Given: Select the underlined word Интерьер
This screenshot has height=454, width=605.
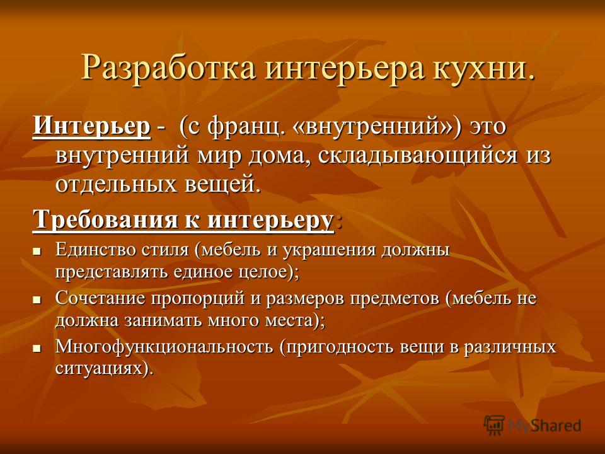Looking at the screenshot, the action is click(x=91, y=127).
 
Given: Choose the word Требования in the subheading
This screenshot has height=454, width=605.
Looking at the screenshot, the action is click(x=105, y=220).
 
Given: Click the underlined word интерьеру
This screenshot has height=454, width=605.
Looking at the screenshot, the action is click(x=270, y=221).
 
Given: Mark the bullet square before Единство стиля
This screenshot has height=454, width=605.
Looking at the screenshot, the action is click(x=37, y=251).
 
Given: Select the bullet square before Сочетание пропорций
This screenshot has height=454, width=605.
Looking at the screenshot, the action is click(x=37, y=300).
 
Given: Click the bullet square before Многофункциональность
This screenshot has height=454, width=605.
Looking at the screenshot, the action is click(x=37, y=348).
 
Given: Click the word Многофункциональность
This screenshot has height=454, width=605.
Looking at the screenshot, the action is click(x=164, y=347).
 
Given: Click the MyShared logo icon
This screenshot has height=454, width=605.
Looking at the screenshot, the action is click(x=494, y=425).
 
